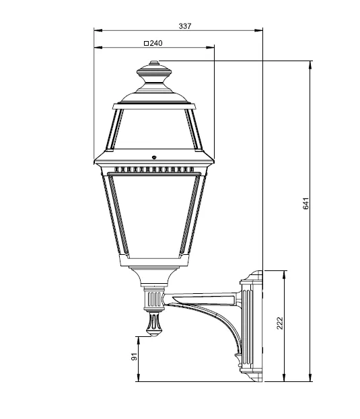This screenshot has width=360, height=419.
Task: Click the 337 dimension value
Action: [x=185, y=26]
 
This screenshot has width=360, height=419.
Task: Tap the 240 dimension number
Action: [x=156, y=43]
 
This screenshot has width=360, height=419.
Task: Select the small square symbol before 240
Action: [x=146, y=43]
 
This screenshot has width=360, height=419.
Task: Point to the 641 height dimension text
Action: [x=306, y=203]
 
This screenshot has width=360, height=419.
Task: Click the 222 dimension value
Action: [x=279, y=323]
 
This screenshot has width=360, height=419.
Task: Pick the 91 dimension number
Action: [x=134, y=356]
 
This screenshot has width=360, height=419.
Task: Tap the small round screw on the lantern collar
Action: [x=154, y=157]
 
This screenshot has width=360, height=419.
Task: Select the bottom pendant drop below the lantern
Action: [x=154, y=324]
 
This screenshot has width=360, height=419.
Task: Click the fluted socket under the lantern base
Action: [x=154, y=299]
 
